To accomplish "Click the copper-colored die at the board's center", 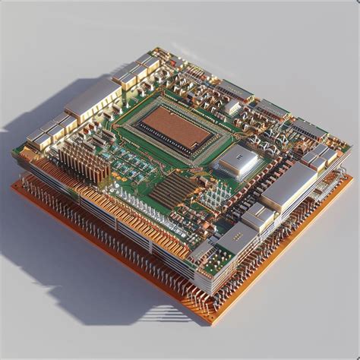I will pyautogui.click(x=176, y=127).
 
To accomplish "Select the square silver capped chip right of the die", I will pyautogui.click(x=238, y=160).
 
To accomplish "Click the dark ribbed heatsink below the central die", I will pyautogui.click(x=172, y=190).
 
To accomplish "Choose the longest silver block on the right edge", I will pyautogui.click(x=289, y=186).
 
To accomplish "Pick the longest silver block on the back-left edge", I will pyautogui.click(x=93, y=99).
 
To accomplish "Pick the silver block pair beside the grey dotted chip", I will pyautogui.click(x=258, y=217).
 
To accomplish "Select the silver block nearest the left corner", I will pyautogui.click(x=38, y=140).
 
